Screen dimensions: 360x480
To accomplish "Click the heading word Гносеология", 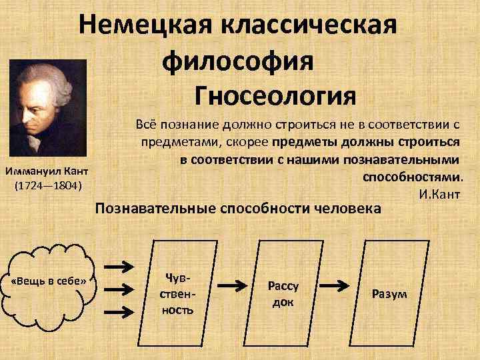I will [x=275, y=96].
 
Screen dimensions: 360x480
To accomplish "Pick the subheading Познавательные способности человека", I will [x=239, y=209].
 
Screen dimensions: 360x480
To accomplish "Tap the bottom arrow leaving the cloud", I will [x=119, y=311].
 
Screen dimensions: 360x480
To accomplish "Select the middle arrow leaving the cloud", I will [x=119, y=289].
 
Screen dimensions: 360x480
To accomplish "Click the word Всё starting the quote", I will [x=145, y=124].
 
